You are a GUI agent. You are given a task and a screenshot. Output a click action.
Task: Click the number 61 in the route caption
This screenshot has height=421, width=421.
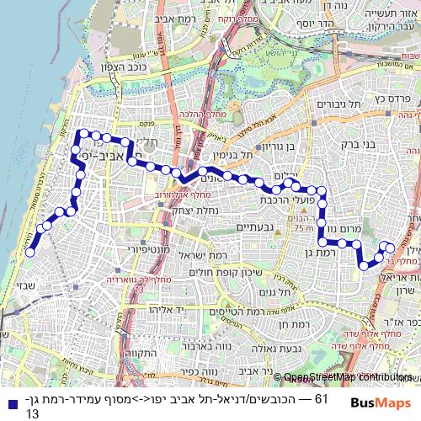click(320, 397)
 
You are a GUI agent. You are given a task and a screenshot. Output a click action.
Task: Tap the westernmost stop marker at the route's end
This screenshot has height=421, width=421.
click(29, 252)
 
